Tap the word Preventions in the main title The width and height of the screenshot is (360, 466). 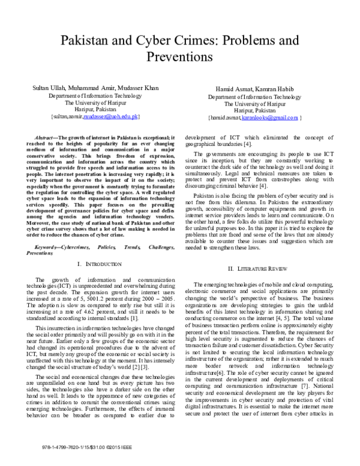click(180, 58)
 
